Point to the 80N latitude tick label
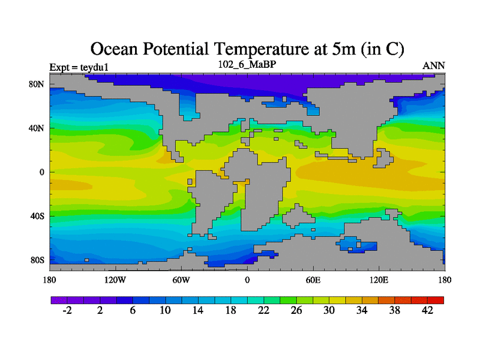(x=37, y=84)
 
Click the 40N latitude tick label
(x=37, y=128)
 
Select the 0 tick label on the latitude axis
(x=42, y=172)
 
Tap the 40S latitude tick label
(x=37, y=216)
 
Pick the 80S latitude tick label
(x=37, y=260)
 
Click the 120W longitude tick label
(x=115, y=280)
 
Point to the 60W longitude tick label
(x=181, y=280)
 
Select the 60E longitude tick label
(x=313, y=280)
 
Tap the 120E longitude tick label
(x=379, y=280)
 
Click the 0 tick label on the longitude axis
(x=247, y=280)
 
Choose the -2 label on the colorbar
(x=67, y=310)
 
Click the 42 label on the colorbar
(x=428, y=310)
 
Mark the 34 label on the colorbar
(x=362, y=310)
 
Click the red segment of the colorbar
(x=436, y=299)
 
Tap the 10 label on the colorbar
(x=166, y=310)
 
